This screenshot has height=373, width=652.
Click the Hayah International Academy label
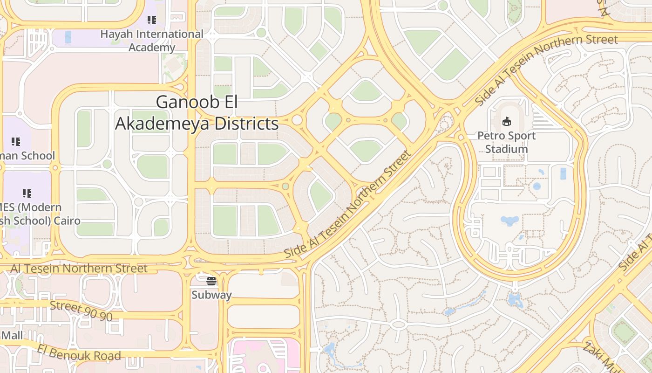152,41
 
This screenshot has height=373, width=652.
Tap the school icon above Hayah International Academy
152,20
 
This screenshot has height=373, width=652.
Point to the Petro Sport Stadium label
506,142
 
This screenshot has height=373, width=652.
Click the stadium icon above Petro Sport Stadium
507,122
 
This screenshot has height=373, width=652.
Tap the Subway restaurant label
211,295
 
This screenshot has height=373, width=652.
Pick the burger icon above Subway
211,281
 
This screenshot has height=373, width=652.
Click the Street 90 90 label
81,311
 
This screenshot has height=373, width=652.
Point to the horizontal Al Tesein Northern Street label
79,269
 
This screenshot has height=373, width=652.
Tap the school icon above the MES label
27,193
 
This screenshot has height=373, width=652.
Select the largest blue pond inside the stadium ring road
509,220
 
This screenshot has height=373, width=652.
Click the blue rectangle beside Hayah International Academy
68,37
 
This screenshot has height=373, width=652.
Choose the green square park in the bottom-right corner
624,332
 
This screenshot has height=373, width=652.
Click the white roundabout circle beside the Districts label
297,120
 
